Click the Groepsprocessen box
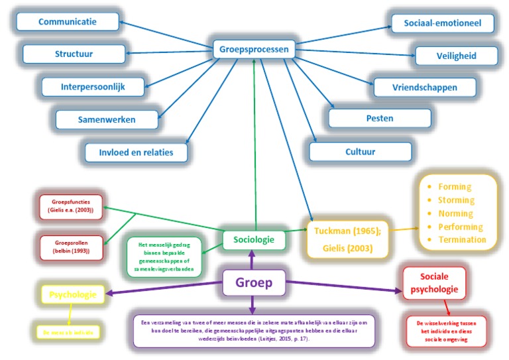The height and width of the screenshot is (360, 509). click(254, 49)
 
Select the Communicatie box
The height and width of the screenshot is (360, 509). click(67, 22)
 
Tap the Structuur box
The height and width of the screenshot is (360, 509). click(74, 54)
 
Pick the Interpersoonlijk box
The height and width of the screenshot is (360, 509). click(93, 86)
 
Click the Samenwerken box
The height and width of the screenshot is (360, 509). click(106, 119)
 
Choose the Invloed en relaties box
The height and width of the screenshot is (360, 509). click(135, 152)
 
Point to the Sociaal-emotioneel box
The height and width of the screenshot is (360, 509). click(442, 24)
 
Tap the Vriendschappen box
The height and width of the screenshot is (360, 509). click(424, 87)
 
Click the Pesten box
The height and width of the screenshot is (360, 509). click(380, 118)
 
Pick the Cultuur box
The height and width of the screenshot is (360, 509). click(360, 151)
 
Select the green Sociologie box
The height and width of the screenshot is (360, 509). click(254, 239)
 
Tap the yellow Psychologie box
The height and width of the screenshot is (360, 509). click(73, 294)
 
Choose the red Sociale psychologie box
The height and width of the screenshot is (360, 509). click(435, 283)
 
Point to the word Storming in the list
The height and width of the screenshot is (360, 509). click(456, 200)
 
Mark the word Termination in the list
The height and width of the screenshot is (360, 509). click(462, 240)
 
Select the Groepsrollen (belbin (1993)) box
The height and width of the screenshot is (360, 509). click(71, 248)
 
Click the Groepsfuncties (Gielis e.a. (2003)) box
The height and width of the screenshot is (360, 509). click(71, 207)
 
